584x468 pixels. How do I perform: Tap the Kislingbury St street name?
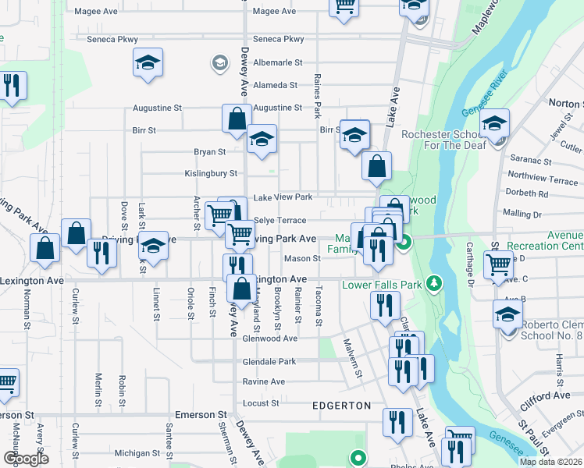(211, 173)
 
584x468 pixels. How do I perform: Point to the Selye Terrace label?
(280, 221)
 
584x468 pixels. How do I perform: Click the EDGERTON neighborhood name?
(341, 406)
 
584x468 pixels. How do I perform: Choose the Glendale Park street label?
(269, 362)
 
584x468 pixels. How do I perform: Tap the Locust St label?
(261, 403)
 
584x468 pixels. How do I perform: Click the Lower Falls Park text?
(381, 285)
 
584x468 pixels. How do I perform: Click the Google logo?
(26, 459)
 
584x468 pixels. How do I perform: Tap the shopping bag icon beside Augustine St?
(237, 119)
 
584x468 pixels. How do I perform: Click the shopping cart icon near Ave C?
(498, 265)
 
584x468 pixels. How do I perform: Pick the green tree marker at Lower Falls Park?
(436, 282)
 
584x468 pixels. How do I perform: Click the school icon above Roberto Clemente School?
(508, 315)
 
